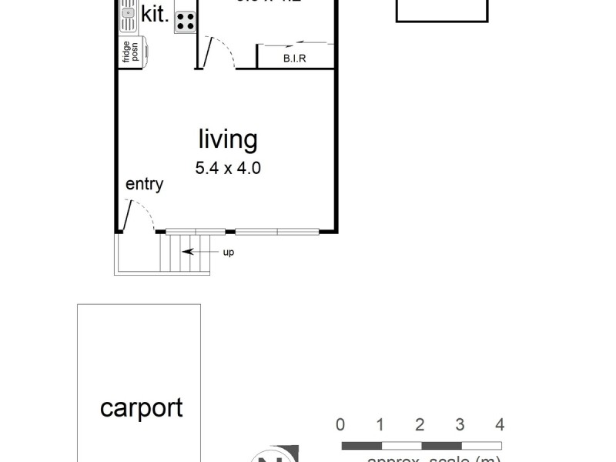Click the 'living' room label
(227, 140)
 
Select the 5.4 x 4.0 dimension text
(227, 168)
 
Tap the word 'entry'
(144, 184)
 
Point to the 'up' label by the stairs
(229, 252)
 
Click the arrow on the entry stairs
(199, 252)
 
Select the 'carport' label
(142, 408)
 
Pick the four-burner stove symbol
(185, 21)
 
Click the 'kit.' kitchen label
(155, 14)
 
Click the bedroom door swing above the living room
(219, 51)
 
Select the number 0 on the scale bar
(340, 425)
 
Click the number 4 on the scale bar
(500, 425)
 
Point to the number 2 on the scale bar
(420, 425)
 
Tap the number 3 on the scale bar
(460, 425)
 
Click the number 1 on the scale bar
(380, 425)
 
